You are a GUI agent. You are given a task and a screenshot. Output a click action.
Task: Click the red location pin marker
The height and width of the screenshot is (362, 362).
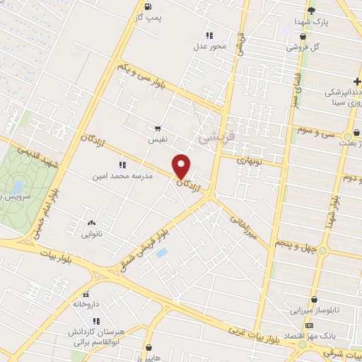pos(182,166)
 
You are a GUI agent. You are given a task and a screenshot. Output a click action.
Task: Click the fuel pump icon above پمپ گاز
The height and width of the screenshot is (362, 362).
pos(147,8)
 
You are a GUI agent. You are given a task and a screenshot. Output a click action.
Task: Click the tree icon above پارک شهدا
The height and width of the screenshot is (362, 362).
pos(312,9)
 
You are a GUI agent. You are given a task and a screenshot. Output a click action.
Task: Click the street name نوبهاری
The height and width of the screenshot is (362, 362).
pos(238,160)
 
